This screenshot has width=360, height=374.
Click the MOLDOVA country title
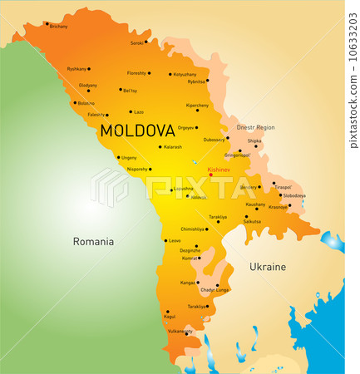137,130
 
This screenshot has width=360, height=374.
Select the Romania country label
92,242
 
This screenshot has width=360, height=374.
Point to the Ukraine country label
267,267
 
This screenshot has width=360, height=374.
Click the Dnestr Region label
255,127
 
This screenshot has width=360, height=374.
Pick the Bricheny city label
58,27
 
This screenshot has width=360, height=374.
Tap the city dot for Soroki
146,42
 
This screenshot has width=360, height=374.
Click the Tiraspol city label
284,188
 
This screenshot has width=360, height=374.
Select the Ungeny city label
129,157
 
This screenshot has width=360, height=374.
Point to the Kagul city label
170,317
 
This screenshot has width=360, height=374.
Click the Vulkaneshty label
180,331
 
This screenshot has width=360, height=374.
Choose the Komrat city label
190,258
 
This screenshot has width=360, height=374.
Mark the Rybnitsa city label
196,81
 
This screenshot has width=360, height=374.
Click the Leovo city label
174,241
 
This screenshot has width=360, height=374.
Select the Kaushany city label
255,204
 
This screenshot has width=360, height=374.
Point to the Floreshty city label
136,72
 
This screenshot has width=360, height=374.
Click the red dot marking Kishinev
210,175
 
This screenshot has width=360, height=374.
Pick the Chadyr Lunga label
214,290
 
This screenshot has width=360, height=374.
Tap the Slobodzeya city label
293,196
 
